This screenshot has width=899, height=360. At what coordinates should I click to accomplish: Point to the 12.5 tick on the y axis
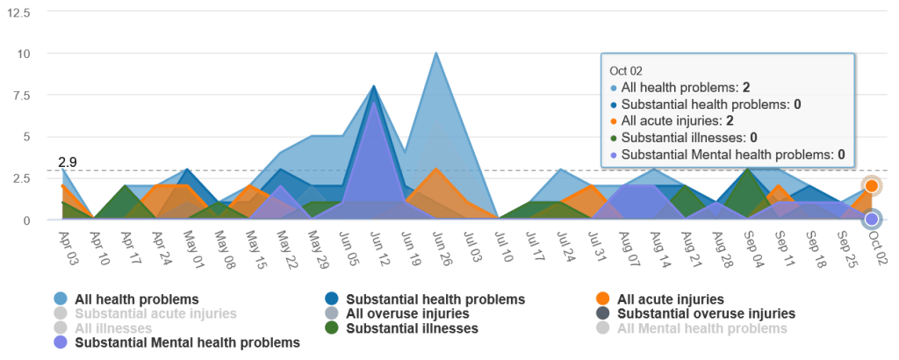18,13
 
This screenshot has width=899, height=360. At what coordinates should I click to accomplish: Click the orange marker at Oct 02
872,185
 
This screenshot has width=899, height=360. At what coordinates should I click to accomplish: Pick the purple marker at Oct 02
872,219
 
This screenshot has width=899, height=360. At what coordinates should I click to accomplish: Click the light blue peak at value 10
436,54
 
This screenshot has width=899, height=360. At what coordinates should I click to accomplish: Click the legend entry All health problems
136,299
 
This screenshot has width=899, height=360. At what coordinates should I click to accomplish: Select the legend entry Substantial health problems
435,299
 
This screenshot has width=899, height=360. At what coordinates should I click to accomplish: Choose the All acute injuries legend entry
671,299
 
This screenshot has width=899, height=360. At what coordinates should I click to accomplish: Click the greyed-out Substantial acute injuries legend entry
155,313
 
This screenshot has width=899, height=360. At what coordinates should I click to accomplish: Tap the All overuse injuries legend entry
407,313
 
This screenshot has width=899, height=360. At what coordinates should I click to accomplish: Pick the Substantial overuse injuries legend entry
707,313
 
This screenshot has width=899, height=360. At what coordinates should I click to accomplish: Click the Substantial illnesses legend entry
412,328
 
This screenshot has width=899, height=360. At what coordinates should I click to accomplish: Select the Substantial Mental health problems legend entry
187,342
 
